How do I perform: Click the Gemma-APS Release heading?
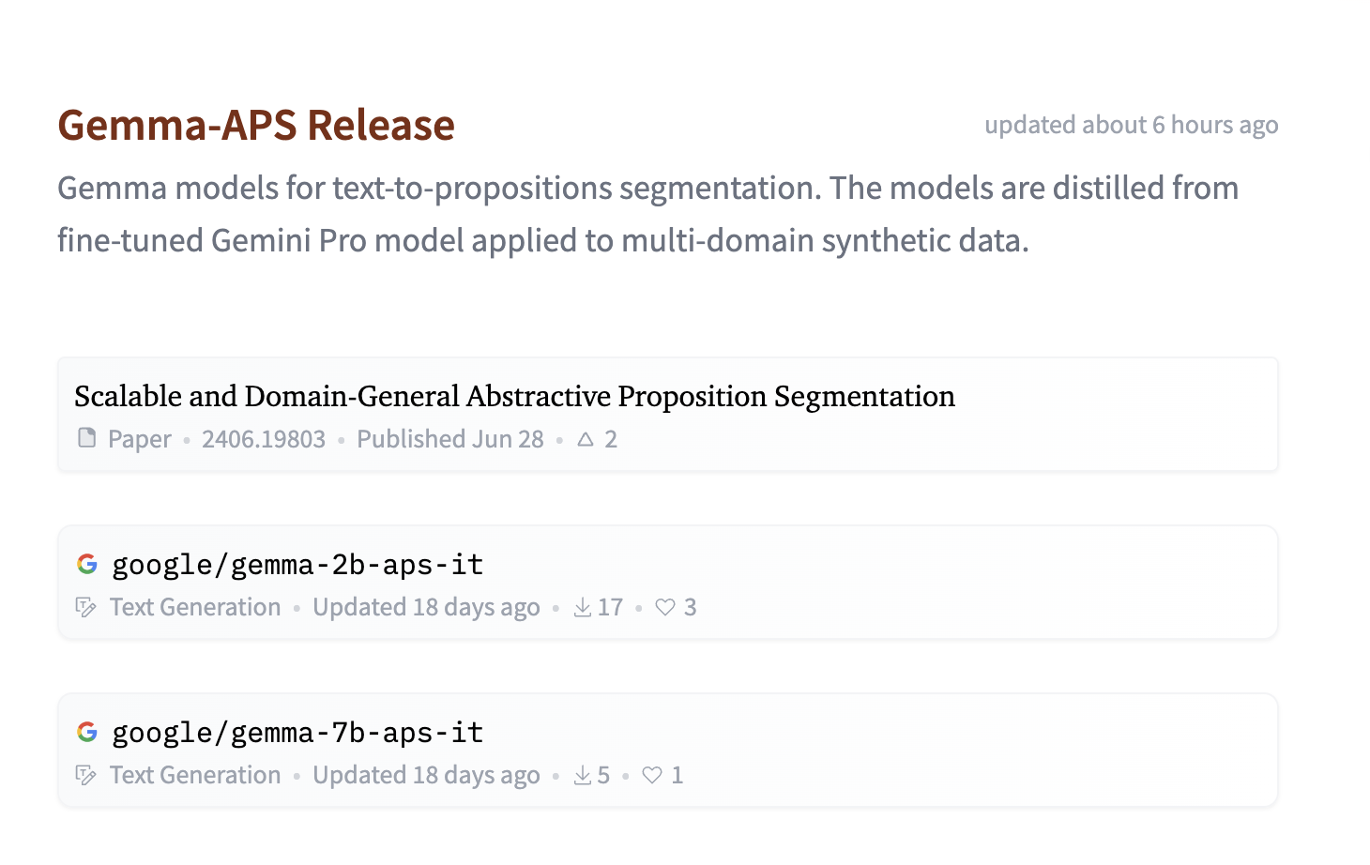pos(256,126)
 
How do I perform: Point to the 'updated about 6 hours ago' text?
pos(1131,126)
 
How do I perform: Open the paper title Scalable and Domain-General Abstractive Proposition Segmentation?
pos(514,396)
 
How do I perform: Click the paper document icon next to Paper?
pos(87,438)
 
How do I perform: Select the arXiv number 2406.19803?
pos(264,439)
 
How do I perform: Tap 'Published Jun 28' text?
pos(450,439)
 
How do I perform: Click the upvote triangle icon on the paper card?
pos(586,439)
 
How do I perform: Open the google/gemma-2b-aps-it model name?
pos(297,564)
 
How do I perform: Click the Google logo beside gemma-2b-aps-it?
pos(87,564)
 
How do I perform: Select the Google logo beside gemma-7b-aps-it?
pos(87,732)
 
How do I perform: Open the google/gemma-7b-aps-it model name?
pos(297,733)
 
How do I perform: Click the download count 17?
pos(610,607)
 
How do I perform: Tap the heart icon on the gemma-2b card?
pos(664,607)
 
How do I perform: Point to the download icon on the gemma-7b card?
pos(582,775)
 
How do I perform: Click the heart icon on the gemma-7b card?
pos(652,775)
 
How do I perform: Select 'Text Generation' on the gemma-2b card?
pos(195,607)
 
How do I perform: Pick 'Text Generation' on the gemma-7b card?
pos(195,775)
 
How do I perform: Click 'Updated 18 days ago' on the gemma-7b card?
pos(426,775)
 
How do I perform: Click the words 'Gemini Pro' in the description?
pos(289,240)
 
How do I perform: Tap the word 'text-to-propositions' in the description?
pos(472,189)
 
